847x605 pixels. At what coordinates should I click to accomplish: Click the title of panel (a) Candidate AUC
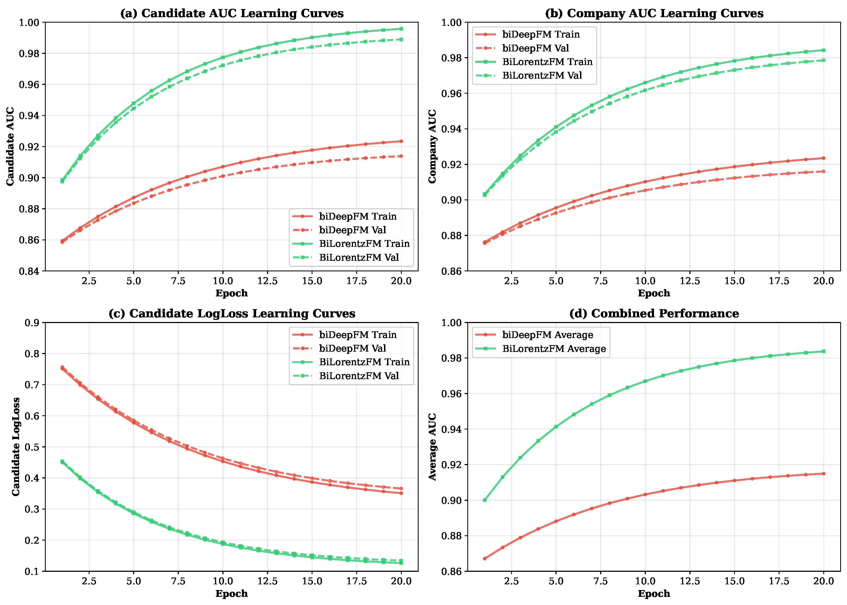(x=232, y=13)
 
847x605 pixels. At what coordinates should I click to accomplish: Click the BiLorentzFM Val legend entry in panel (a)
(x=359, y=257)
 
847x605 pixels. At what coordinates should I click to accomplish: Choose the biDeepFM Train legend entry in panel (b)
(x=541, y=34)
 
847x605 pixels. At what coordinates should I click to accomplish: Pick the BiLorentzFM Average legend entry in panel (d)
(x=554, y=349)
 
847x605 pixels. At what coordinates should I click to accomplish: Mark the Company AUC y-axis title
(x=432, y=146)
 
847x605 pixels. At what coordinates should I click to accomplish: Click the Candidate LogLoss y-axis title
(x=16, y=447)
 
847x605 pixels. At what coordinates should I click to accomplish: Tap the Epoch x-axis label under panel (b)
(x=654, y=293)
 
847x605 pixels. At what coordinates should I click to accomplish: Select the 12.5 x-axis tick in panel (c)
(x=268, y=581)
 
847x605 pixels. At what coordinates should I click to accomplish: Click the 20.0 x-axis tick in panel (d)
(x=823, y=581)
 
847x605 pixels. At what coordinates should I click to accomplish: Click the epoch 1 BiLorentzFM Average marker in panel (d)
(x=484, y=500)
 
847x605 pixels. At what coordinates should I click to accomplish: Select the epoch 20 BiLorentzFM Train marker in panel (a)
(x=401, y=29)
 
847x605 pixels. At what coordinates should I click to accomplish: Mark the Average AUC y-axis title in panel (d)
(x=432, y=447)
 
